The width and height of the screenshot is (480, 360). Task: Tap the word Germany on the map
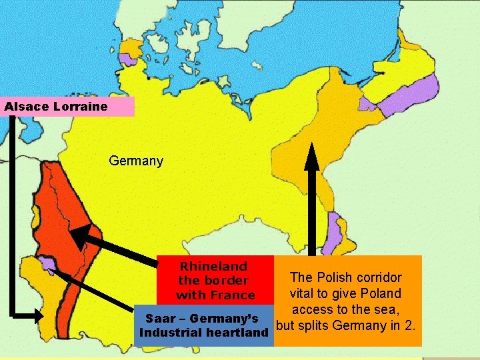[x=135, y=161]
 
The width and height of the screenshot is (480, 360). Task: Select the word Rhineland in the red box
[x=213, y=266]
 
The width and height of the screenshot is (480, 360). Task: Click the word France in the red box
[x=234, y=295]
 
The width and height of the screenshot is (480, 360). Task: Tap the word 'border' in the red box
[x=227, y=280]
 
